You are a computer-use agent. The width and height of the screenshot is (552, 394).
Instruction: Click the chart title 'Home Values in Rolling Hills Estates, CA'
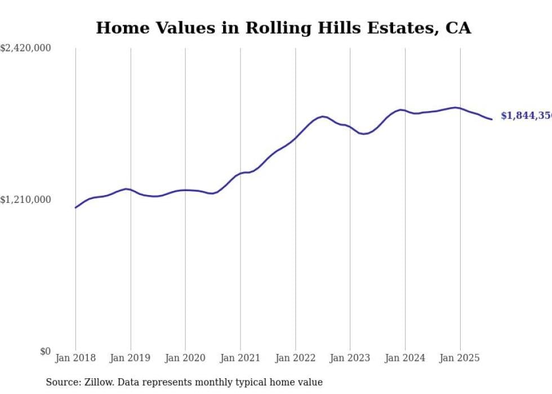(283, 28)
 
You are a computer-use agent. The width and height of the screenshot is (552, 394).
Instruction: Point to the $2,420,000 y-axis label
(25, 48)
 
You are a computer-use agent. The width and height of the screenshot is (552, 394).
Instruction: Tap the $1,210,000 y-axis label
(25, 200)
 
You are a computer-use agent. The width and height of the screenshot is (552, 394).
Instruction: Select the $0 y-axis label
(45, 351)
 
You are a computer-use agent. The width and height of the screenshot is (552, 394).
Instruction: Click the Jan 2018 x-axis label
(75, 358)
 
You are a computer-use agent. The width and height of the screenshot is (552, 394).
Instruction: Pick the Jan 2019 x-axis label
(131, 358)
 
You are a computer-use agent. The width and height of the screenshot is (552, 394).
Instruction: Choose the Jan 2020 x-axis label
(185, 358)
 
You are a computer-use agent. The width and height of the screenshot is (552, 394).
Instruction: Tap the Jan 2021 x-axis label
(241, 358)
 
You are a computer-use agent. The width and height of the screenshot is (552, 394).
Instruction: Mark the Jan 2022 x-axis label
(295, 358)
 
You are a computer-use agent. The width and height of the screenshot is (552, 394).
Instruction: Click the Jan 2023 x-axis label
(350, 358)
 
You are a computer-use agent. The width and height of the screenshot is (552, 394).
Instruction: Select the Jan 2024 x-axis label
(405, 358)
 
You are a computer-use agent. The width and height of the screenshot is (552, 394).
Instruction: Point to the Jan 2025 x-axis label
(460, 358)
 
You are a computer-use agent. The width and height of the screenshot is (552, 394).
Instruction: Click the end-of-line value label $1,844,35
(526, 116)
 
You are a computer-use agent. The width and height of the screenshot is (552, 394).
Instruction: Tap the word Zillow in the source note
(95, 382)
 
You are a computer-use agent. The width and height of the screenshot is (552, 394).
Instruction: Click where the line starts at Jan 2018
(75, 207)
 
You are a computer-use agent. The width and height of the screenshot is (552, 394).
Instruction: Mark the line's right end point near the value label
(492, 119)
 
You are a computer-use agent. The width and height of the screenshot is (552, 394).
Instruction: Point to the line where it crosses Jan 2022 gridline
(295, 138)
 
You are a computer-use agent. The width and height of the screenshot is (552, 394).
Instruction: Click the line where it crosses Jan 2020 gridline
(185, 190)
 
